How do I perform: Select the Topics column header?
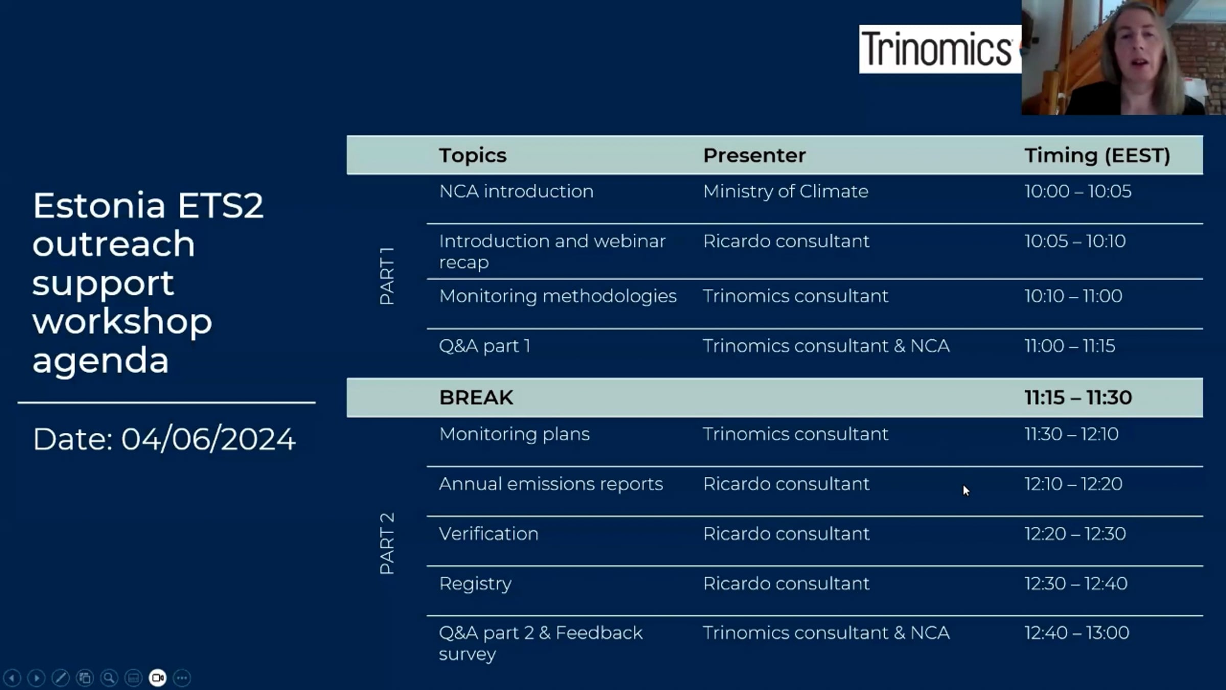(x=473, y=155)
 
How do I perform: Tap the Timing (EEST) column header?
(x=1097, y=155)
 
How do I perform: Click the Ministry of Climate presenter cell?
(x=785, y=191)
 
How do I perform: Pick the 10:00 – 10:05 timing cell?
(x=1078, y=191)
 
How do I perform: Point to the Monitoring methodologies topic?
(x=558, y=296)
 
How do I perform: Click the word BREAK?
(x=476, y=398)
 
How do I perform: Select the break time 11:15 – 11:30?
(x=1078, y=398)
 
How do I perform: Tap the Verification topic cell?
(x=488, y=534)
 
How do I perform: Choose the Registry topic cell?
(x=475, y=584)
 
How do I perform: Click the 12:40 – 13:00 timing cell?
(x=1077, y=633)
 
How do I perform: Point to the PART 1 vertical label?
(x=387, y=276)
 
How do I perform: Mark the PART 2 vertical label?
(x=387, y=544)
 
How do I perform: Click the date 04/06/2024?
(x=208, y=439)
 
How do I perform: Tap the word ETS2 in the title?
(x=220, y=205)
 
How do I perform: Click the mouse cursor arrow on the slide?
(x=966, y=491)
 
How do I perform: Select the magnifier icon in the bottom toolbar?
(x=109, y=678)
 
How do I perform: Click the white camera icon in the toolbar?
(x=157, y=678)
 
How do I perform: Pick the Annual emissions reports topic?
(x=551, y=484)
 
